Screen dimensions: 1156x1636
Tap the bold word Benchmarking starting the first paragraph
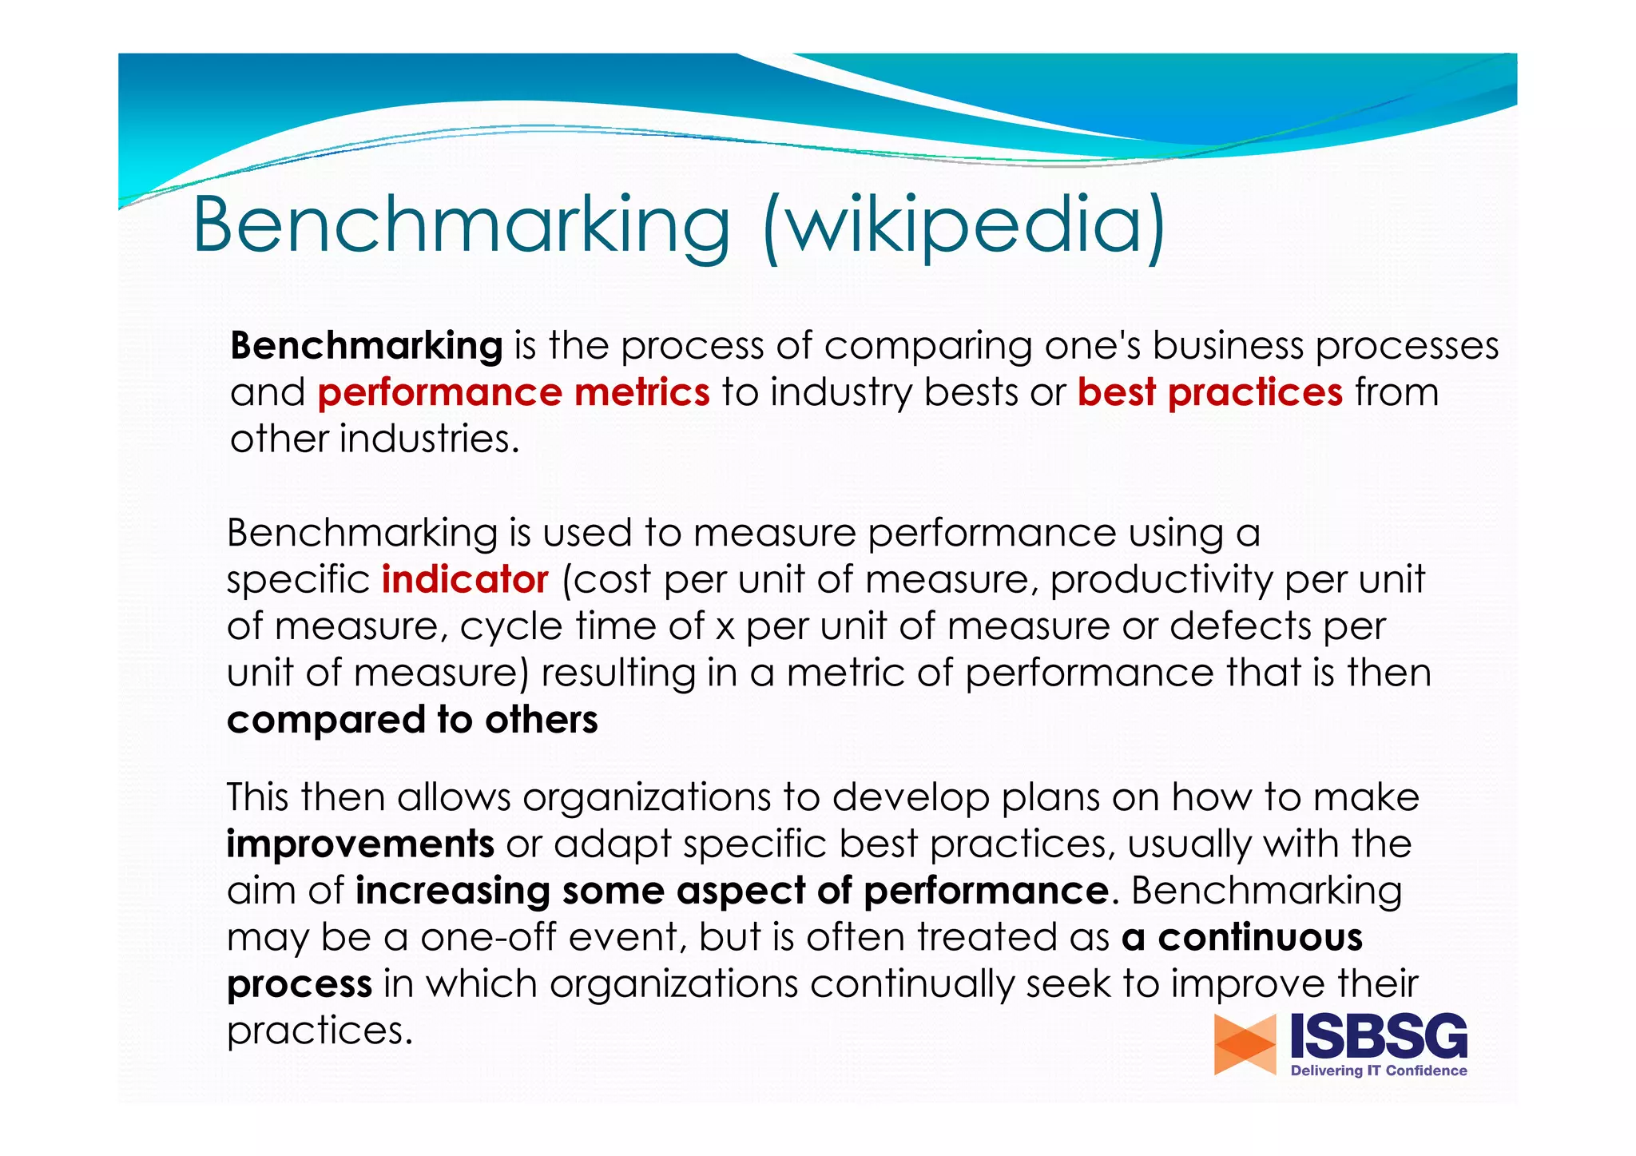(367, 346)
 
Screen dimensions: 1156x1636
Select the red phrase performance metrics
(514, 393)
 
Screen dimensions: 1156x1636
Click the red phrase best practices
(1209, 393)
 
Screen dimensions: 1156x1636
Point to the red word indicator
(465, 580)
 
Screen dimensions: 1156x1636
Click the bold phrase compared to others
(412, 720)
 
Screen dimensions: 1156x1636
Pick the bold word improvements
(360, 844)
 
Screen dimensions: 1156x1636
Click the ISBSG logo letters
(1379, 1036)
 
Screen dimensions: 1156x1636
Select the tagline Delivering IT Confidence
(1379, 1071)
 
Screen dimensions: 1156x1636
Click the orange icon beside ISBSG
(1245, 1044)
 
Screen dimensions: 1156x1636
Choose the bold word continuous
(1260, 937)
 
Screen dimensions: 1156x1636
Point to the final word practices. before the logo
(320, 1031)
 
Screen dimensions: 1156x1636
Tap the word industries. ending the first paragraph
(429, 439)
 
